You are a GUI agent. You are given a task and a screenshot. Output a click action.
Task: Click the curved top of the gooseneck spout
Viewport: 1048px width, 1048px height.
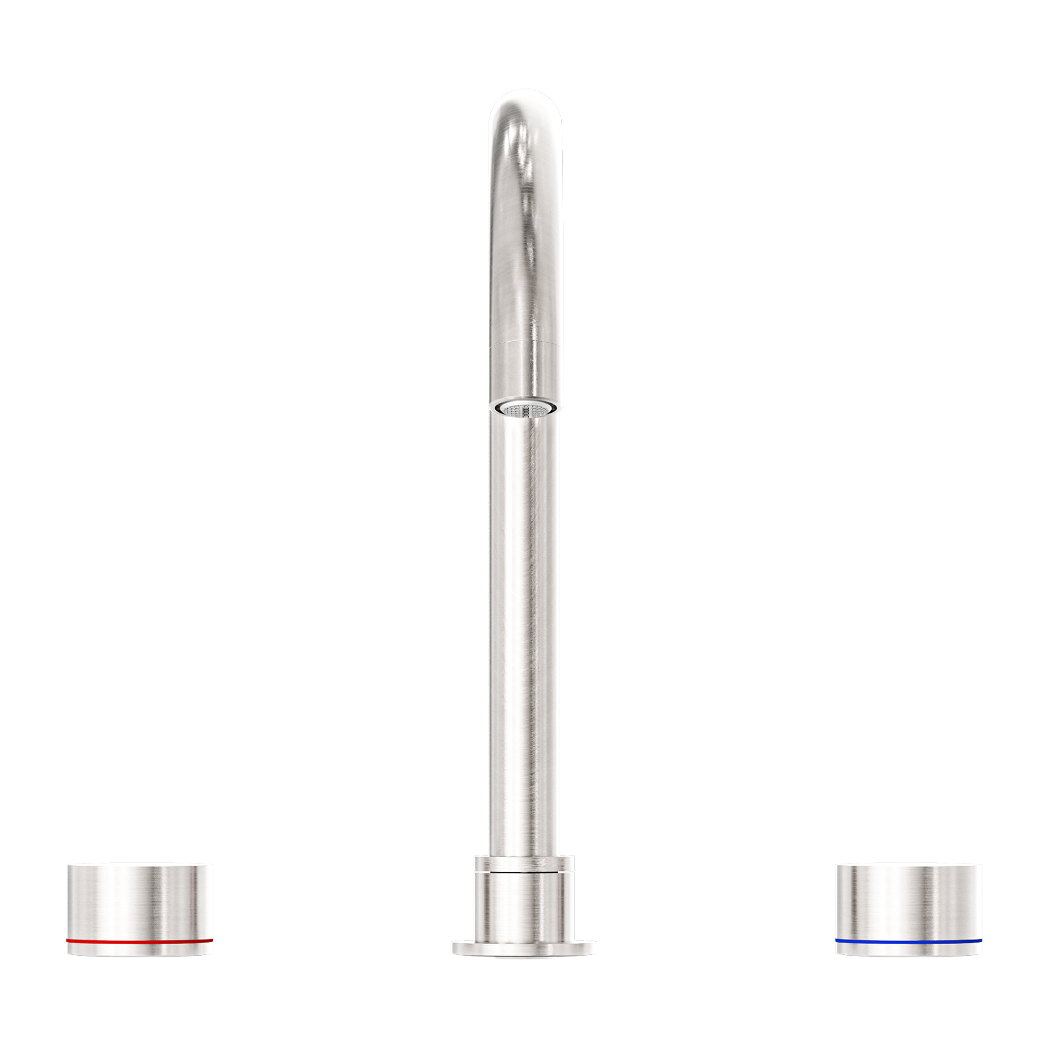[523, 108]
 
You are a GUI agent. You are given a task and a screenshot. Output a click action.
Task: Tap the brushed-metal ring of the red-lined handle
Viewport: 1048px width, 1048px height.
[139, 900]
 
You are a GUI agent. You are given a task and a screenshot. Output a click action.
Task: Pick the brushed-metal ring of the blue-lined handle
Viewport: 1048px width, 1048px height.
[909, 900]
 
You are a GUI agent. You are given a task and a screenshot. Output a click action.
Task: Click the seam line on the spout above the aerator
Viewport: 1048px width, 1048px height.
[524, 344]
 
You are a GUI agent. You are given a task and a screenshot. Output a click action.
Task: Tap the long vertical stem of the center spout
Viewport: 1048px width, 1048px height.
[524, 624]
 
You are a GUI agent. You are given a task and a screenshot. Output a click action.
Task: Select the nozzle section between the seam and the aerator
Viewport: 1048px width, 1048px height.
[524, 372]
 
